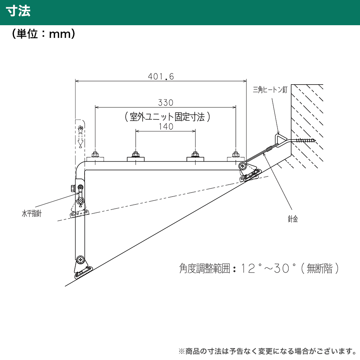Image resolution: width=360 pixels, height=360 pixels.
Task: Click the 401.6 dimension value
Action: tap(161, 76)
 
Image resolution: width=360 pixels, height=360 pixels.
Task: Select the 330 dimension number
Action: tap(166, 103)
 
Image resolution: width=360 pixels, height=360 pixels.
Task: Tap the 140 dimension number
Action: tap(166, 126)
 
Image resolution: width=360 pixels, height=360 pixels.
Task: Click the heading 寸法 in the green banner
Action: tap(18, 11)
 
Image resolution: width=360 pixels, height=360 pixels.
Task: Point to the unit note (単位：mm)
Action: tap(44, 34)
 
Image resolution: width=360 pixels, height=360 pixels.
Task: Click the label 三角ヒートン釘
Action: tap(270, 89)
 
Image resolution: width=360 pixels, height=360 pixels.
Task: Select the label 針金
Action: tap(293, 219)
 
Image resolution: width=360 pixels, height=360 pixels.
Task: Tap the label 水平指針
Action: tap(32, 214)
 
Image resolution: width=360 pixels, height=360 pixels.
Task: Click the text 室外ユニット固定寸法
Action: tap(167, 117)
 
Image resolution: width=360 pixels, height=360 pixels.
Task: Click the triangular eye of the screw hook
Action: tap(280, 140)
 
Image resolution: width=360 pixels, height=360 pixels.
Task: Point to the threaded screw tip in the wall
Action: tap(306, 140)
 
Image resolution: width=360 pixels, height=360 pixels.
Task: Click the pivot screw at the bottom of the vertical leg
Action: tap(80, 260)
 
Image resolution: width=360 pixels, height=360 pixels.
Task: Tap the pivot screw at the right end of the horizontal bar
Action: tap(242, 166)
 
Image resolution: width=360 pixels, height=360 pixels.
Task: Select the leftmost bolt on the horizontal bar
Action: tap(95, 154)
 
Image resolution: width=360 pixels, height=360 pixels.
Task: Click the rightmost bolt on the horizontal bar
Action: tap(236, 154)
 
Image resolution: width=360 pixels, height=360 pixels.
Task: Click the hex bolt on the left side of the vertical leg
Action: tap(73, 188)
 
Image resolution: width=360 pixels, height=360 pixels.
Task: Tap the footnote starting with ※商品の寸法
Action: tap(267, 351)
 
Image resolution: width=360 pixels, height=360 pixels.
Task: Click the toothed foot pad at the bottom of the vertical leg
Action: tap(84, 273)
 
